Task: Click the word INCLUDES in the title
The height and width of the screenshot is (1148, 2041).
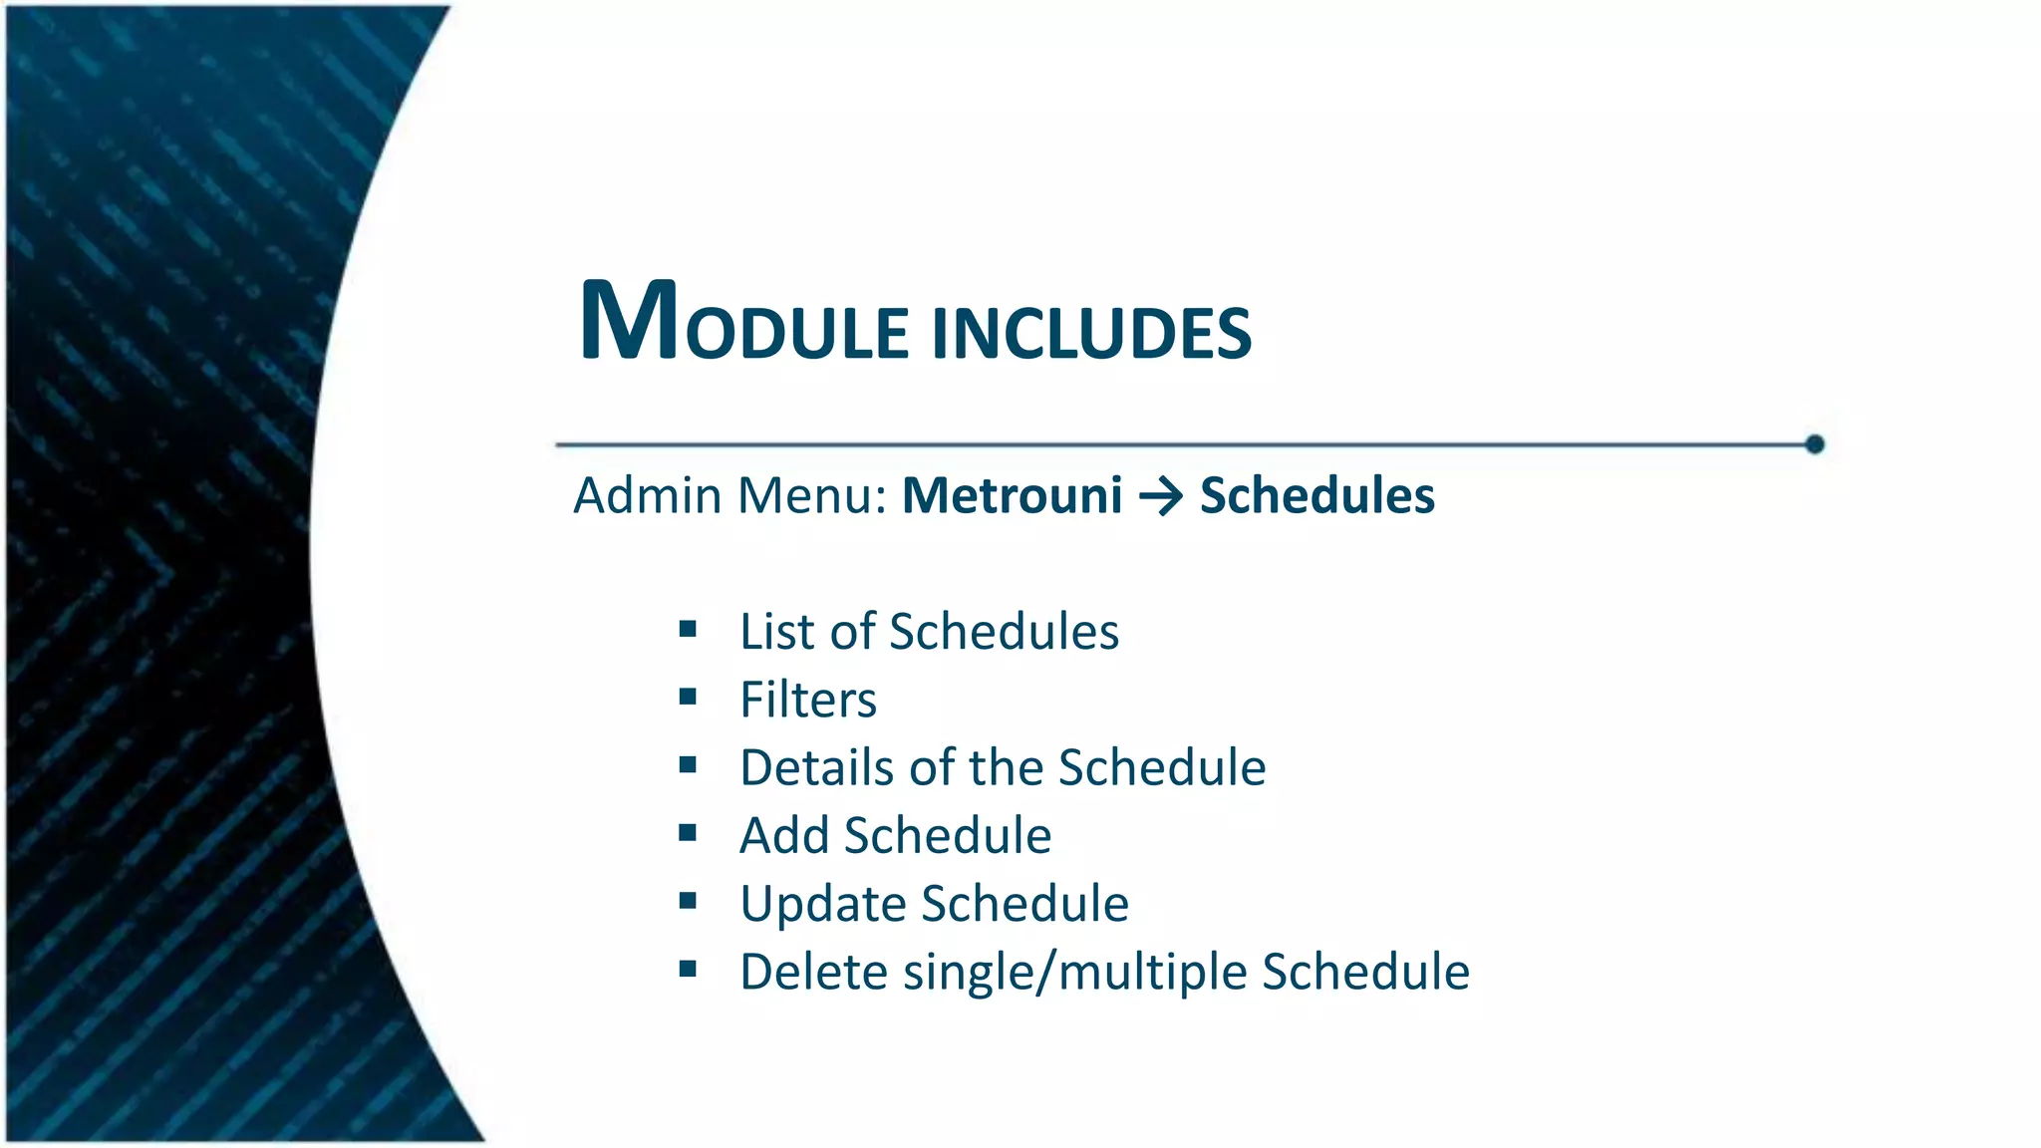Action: (x=1091, y=334)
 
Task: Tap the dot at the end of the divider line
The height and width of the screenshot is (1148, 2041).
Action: (x=1814, y=444)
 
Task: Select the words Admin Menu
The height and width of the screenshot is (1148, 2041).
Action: (x=729, y=495)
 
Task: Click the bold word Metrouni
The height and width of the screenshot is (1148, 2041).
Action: (x=1012, y=495)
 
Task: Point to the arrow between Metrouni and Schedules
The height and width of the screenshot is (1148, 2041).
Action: (x=1161, y=496)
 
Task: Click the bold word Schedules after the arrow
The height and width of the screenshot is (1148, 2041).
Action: (x=1316, y=495)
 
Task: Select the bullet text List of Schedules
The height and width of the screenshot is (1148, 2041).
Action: (x=929, y=632)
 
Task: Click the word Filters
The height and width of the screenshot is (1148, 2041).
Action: (x=807, y=700)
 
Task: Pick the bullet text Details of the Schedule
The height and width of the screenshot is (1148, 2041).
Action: (x=1002, y=767)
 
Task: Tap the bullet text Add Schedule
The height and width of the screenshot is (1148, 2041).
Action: (x=895, y=835)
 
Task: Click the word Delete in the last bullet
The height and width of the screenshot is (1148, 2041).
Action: (x=813, y=972)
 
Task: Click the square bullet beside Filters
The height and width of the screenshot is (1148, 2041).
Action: (x=688, y=698)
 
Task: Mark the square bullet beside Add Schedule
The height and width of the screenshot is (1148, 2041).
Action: (x=688, y=833)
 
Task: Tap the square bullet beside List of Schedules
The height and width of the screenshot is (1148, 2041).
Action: (x=688, y=629)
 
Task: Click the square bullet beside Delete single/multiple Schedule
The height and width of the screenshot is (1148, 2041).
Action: (x=688, y=969)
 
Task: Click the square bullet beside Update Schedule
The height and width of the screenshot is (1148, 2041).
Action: (x=688, y=901)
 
